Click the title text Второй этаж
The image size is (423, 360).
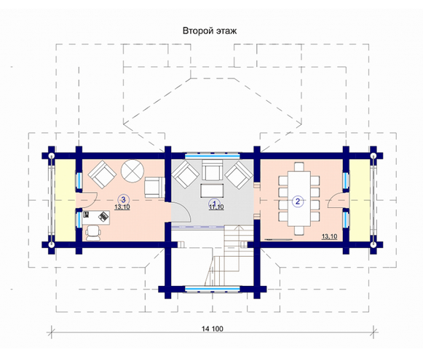click(x=210, y=31)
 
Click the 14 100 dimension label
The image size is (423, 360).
click(x=213, y=329)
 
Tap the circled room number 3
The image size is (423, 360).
click(x=124, y=200)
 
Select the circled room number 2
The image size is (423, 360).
click(x=298, y=201)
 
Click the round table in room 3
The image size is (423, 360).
click(x=133, y=171)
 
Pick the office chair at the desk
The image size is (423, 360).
click(x=93, y=233)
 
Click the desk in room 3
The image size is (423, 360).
click(x=96, y=217)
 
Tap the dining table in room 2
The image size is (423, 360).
click(x=299, y=199)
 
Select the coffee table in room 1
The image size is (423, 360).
click(x=212, y=191)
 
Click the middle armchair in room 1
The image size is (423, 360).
click(x=213, y=170)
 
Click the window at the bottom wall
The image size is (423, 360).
click(x=213, y=289)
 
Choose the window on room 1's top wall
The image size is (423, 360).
click(x=213, y=156)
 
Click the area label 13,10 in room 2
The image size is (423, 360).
click(x=329, y=236)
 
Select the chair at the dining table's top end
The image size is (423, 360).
click(x=299, y=167)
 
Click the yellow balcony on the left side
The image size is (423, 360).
click(x=66, y=200)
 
